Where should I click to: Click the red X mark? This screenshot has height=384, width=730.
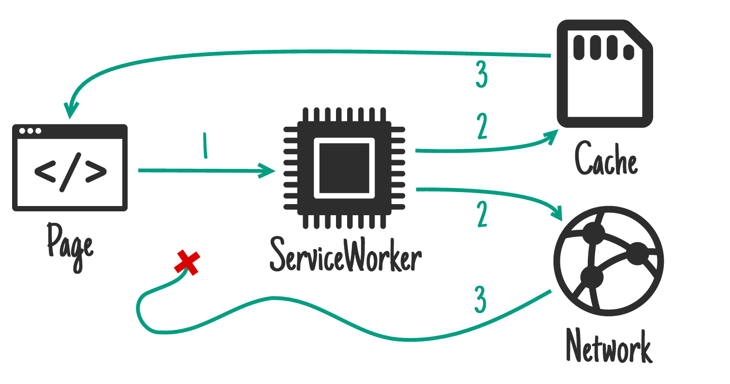[187, 263]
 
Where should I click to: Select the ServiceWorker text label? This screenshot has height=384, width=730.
[345, 255]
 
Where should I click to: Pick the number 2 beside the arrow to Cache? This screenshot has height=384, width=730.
[482, 125]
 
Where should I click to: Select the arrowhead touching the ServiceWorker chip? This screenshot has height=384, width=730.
[267, 171]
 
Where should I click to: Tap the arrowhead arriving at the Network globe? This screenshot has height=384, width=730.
[558, 212]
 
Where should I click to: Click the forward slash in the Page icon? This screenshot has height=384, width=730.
[70, 171]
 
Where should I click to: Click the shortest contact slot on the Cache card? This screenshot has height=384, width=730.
[628, 52]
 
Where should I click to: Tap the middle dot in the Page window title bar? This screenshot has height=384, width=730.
[30, 131]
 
